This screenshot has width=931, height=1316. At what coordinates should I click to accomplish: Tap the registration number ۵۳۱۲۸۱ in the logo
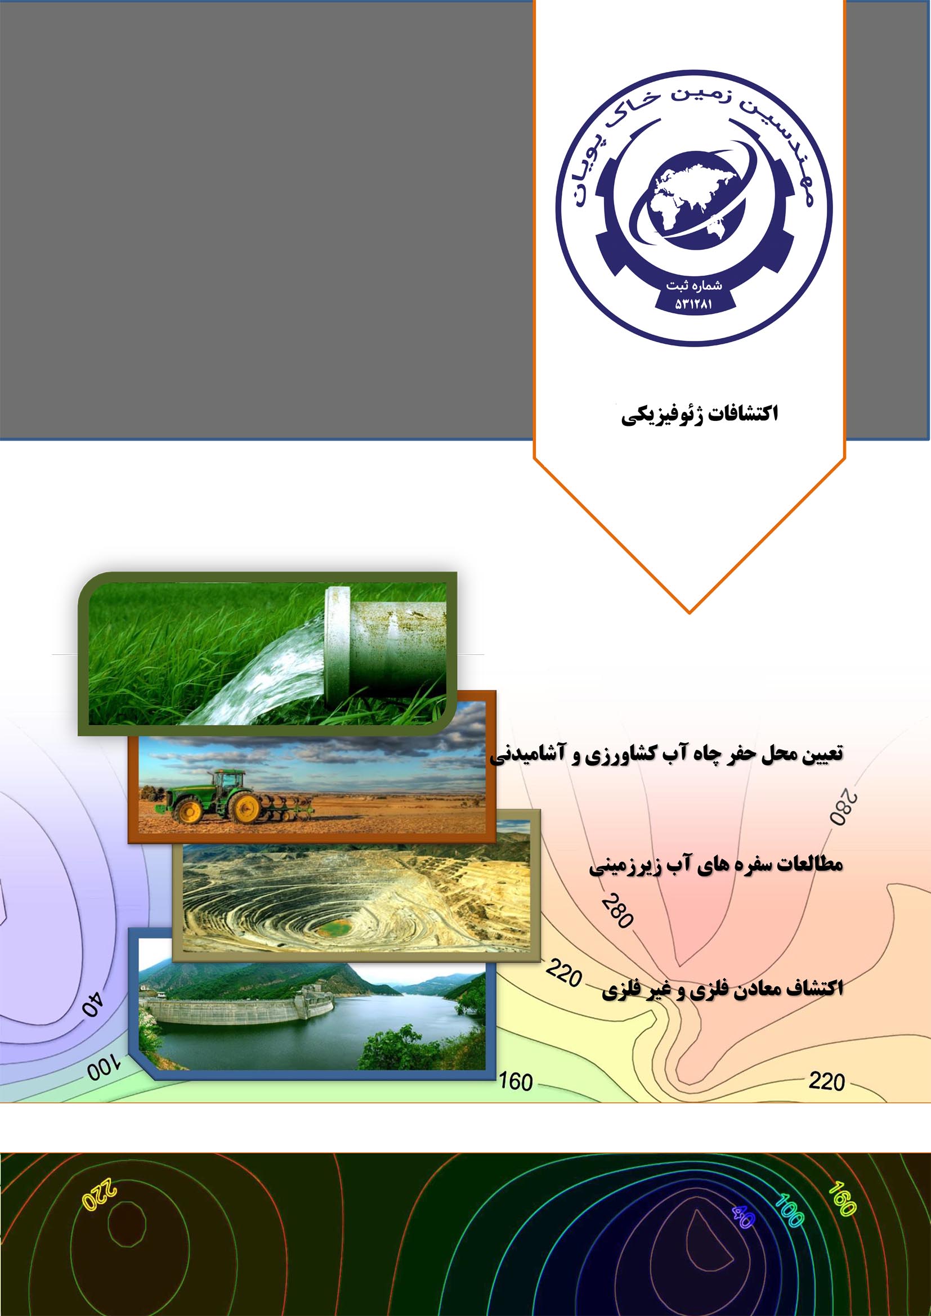tap(693, 304)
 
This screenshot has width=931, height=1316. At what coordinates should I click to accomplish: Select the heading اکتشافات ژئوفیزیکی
tap(700, 415)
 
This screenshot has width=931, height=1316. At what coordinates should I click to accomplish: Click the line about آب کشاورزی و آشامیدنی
tap(666, 754)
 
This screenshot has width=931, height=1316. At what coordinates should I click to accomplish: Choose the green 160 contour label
tap(842, 1198)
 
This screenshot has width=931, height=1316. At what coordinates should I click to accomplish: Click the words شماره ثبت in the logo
tap(693, 285)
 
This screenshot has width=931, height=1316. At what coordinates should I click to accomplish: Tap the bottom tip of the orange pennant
tap(690, 613)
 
